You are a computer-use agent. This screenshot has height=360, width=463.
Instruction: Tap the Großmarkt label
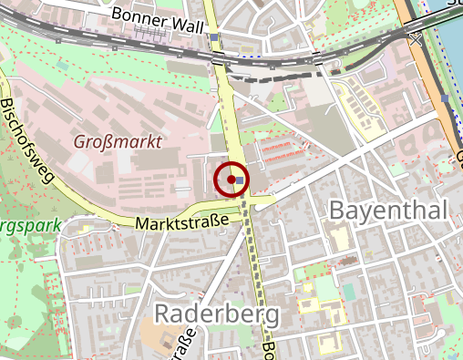[119, 142]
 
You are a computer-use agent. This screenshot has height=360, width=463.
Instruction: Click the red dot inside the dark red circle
[232, 179]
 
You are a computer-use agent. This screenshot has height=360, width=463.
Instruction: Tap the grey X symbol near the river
[416, 40]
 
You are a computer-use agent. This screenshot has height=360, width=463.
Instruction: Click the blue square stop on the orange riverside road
[444, 98]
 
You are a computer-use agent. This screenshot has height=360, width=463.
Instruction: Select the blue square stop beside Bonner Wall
[214, 37]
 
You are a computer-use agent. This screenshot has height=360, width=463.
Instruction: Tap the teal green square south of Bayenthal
[348, 291]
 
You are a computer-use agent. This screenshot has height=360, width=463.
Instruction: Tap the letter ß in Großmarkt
[108, 142]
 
